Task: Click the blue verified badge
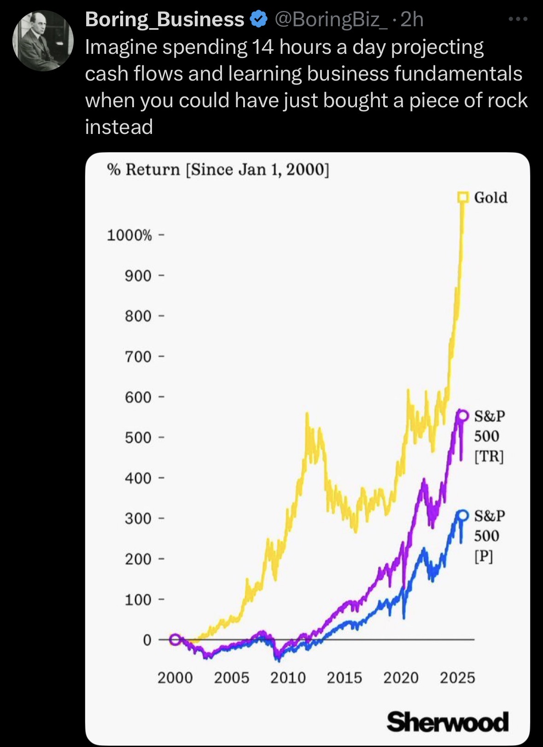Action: pos(258,19)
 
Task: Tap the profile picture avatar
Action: pos(43,41)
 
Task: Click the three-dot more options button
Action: pos(518,19)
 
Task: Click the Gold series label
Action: pos(490,197)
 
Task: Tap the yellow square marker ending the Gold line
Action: pos(462,197)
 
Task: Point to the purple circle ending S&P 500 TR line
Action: pos(462,416)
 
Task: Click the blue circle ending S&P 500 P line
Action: pos(462,515)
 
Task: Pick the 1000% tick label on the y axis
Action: pos(129,236)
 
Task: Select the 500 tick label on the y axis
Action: pos(138,438)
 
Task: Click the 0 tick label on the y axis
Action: pos(147,640)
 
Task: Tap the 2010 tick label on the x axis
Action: pos(288,678)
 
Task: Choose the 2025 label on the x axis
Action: pos(457,678)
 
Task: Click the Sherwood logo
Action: pos(448,722)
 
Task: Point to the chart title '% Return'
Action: pos(143,169)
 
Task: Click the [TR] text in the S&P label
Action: pos(489,457)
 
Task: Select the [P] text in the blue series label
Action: pos(484,556)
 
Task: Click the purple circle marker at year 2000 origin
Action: pos(175,639)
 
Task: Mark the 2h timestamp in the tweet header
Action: pos(412,19)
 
